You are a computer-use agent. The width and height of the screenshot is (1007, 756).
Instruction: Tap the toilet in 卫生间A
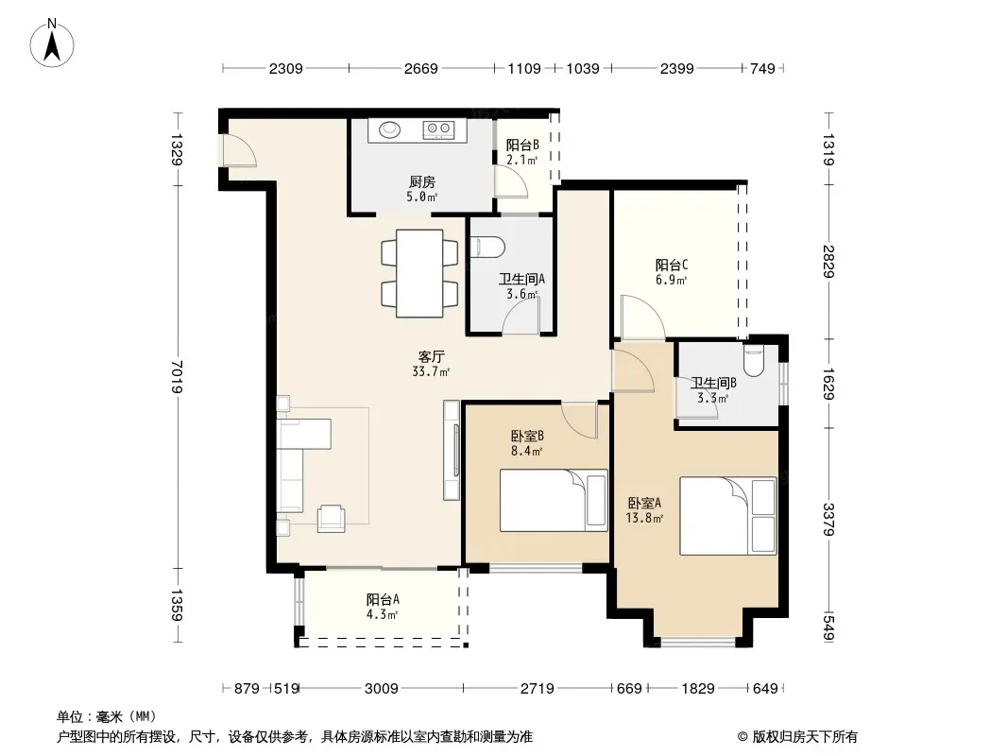click(x=487, y=248)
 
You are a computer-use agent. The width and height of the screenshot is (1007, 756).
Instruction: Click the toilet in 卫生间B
click(x=753, y=362)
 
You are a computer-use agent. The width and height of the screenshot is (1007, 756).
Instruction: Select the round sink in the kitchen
click(x=389, y=129)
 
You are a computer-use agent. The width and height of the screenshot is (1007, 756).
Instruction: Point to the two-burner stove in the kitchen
click(x=438, y=130)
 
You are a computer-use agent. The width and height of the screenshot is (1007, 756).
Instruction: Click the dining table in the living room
click(x=419, y=274)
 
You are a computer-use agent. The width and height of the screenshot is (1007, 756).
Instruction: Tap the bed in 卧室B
click(x=554, y=500)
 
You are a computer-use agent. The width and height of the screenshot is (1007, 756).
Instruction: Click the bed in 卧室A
click(x=728, y=516)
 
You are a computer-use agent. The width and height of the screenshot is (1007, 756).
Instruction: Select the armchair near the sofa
click(x=332, y=519)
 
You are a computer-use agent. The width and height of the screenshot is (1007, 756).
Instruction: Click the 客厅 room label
click(x=431, y=356)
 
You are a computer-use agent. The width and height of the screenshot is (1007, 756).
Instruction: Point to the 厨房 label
click(x=422, y=182)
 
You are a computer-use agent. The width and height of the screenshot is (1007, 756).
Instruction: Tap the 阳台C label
click(x=672, y=265)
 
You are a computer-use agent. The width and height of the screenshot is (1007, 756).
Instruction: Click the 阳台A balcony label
click(x=383, y=599)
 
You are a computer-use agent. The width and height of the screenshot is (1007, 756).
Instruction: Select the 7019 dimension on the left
click(x=178, y=377)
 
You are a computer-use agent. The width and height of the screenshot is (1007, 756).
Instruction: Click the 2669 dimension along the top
click(x=421, y=68)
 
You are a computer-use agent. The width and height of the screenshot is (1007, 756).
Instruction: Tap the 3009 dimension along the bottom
click(x=382, y=689)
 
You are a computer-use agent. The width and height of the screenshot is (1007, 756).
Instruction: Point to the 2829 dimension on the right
click(x=828, y=262)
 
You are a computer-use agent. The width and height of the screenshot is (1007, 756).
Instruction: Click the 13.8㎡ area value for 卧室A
click(x=644, y=518)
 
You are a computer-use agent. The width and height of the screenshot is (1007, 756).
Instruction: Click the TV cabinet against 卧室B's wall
click(x=452, y=451)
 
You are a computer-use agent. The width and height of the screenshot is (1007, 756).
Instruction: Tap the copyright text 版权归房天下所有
click(x=805, y=737)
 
